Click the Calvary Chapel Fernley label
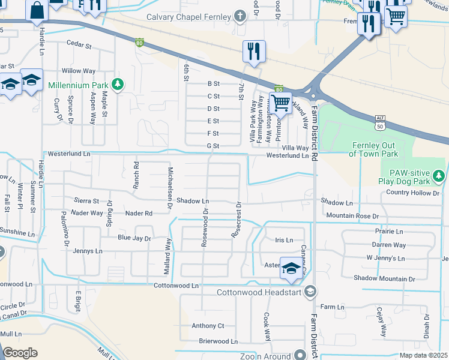coord(189,16)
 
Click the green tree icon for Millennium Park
coord(119,83)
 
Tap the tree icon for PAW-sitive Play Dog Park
coord(439,175)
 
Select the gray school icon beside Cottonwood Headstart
coord(310,292)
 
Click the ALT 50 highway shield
coord(378,124)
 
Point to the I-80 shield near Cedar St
coord(139,43)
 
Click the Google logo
coord(20,353)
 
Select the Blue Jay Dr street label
coord(134,238)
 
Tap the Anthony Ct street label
coord(208,326)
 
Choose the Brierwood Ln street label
coord(218,341)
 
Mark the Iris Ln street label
coord(283,240)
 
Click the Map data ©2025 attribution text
coord(424,355)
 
